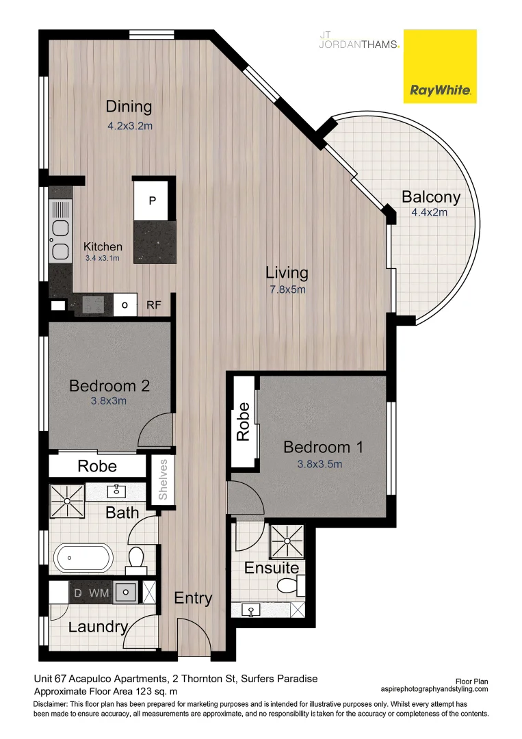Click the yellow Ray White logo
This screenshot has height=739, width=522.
tap(439, 66)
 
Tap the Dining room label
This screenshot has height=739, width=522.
tap(129, 107)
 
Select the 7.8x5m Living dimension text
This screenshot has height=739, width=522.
tap(287, 289)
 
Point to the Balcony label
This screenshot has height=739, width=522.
tap(431, 198)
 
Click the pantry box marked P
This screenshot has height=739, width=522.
tap(153, 200)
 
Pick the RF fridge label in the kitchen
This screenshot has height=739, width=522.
tap(154, 305)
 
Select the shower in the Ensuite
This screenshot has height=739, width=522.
tap(287, 541)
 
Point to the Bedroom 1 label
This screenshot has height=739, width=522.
tap(323, 448)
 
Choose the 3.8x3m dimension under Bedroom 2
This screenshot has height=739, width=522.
tap(109, 402)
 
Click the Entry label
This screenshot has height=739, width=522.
tap(193, 598)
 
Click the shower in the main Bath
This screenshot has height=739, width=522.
tap(67, 501)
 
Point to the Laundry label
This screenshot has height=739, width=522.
tap(99, 627)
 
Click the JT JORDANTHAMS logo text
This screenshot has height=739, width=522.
tap(360, 40)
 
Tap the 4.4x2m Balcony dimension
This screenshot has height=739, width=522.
tap(430, 213)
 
